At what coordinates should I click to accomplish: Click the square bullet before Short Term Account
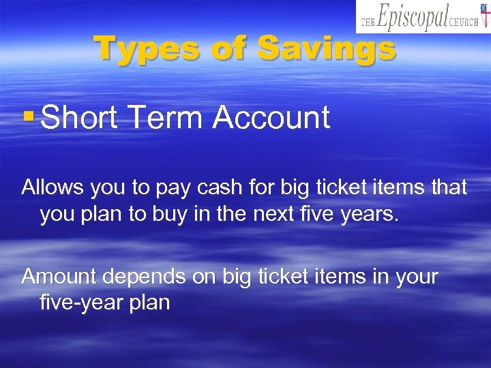click(28, 117)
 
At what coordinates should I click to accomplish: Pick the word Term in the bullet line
click(165, 117)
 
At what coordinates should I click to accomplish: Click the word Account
click(271, 117)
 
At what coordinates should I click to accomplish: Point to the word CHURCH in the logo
click(463, 22)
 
